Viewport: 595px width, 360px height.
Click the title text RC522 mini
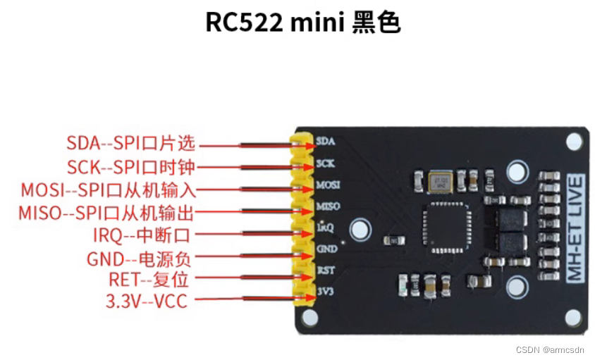pos(274,22)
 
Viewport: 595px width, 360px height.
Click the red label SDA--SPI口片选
pos(130,144)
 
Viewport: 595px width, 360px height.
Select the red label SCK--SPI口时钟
pos(130,167)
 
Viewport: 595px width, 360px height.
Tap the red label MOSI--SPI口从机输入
pos(108,190)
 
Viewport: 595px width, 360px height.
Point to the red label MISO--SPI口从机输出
pos(106,212)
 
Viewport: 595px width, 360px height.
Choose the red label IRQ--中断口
pos(142,235)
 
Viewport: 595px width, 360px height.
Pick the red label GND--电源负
pos(139,257)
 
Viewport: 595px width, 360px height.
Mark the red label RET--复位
pos(149,280)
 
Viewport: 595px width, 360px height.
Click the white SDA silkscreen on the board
pos(326,141)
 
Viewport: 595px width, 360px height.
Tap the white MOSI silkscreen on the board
pos(329,185)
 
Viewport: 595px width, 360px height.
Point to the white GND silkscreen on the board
pos(327,248)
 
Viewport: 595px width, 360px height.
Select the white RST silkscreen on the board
pos(326,269)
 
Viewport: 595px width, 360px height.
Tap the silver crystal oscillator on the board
pos(441,181)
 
